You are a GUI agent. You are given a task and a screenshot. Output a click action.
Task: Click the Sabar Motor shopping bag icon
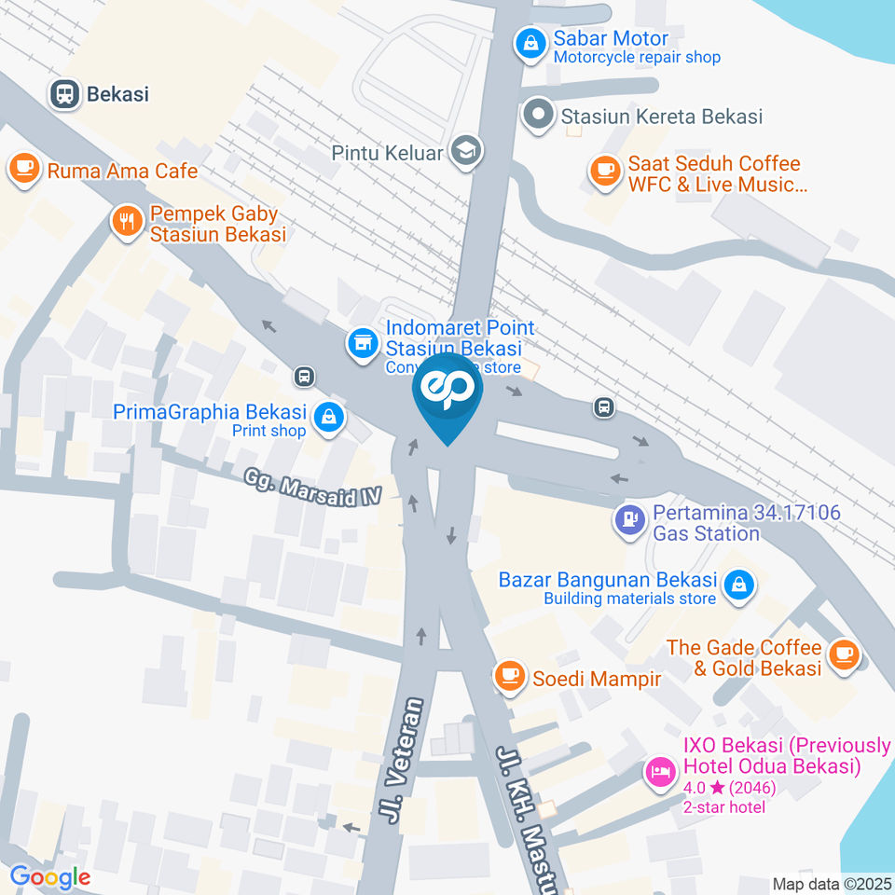(x=530, y=44)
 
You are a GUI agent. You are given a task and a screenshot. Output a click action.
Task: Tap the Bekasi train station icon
(x=64, y=93)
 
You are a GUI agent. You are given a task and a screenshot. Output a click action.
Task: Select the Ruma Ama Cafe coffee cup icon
(x=23, y=170)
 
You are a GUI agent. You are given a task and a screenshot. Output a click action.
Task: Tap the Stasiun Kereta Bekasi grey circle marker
(x=537, y=116)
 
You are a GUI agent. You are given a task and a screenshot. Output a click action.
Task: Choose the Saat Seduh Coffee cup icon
(x=605, y=172)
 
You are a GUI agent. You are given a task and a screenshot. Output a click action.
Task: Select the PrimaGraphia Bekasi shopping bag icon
(x=328, y=419)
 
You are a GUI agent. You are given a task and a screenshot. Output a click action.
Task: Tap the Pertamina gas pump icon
(x=630, y=520)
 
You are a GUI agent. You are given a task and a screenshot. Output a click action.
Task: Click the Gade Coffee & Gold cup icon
(x=844, y=654)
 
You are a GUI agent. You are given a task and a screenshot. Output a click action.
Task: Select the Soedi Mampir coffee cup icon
(x=509, y=675)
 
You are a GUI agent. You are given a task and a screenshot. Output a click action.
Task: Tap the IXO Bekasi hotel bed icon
(x=661, y=771)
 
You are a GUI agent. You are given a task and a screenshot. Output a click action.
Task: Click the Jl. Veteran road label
(x=402, y=760)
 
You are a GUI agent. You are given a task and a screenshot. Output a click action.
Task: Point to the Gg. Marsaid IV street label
(x=313, y=488)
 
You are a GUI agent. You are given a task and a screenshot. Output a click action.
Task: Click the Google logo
(x=50, y=876)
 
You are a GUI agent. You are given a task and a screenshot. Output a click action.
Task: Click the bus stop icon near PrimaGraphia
(x=303, y=377)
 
